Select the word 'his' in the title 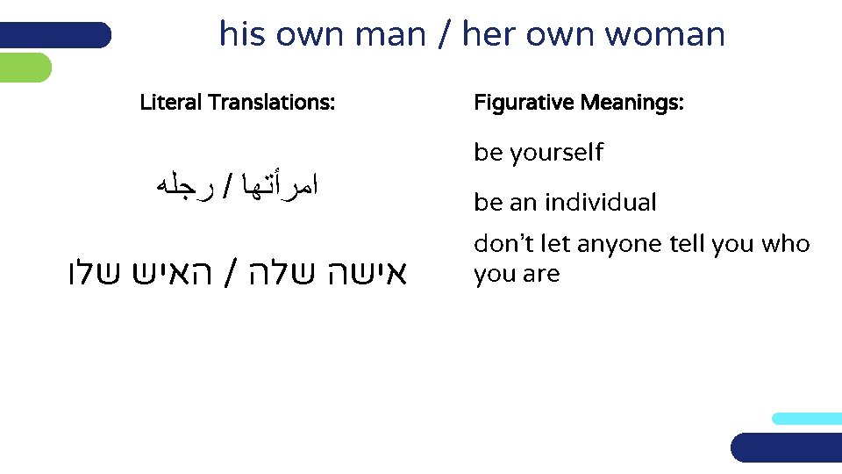pos(241,35)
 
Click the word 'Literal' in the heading pos(171,103)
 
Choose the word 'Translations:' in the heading pos(271,103)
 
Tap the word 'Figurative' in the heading pos(523,103)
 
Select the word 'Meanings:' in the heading pos(631,103)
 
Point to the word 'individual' pos(600,203)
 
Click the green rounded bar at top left pos(25,68)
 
